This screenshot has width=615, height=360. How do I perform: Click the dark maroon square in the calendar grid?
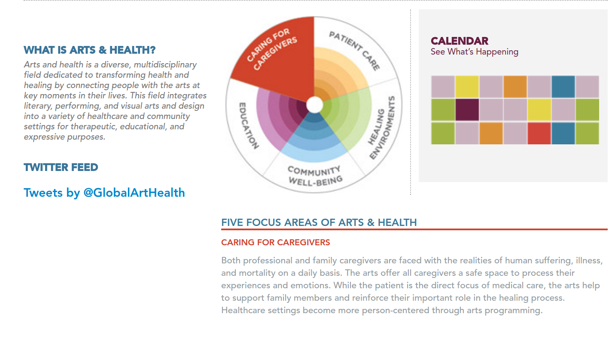click(x=467, y=110)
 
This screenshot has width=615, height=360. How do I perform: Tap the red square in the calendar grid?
click(x=539, y=134)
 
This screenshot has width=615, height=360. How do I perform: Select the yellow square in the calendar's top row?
click(x=467, y=87)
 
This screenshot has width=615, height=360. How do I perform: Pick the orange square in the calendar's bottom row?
click(x=491, y=134)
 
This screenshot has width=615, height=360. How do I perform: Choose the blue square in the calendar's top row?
click(x=563, y=87)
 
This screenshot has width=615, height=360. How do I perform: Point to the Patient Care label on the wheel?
click(x=355, y=51)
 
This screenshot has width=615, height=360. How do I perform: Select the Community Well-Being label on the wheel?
click(x=315, y=176)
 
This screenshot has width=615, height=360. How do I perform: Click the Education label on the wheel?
click(x=249, y=126)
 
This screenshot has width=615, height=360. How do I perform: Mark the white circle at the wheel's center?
click(x=315, y=105)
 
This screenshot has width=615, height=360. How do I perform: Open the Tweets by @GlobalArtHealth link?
click(x=104, y=193)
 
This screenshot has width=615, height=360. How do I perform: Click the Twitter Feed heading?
click(x=61, y=167)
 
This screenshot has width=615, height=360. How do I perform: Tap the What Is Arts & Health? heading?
click(x=89, y=50)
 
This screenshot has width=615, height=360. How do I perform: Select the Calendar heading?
click(x=460, y=41)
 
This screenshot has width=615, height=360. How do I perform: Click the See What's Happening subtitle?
click(x=475, y=52)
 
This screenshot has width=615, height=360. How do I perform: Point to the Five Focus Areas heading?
click(x=319, y=223)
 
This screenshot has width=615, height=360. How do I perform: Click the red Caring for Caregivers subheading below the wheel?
click(x=276, y=242)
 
